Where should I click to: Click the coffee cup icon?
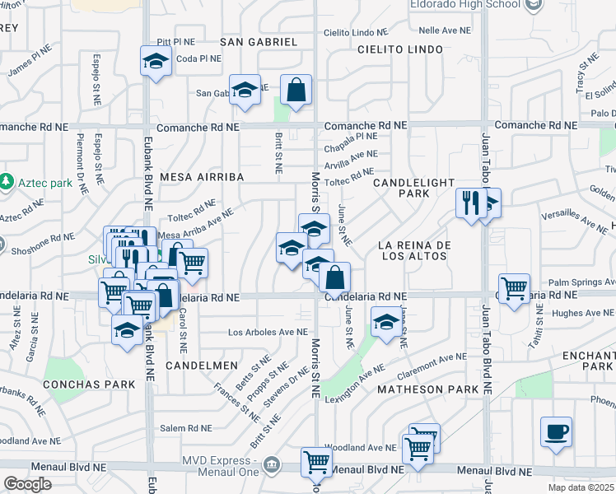[x=556, y=431]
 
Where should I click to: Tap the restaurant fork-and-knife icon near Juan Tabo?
[x=469, y=202]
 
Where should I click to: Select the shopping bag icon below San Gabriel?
[x=295, y=91]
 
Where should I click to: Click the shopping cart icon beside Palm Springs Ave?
[x=514, y=288]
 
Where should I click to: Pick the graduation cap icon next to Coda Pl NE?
[x=155, y=61]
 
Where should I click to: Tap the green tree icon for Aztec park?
[x=7, y=179]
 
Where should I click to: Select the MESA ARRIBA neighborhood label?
[x=194, y=176]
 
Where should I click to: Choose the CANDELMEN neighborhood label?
[x=202, y=364]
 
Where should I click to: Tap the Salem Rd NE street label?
[x=187, y=427]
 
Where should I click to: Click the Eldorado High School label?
[x=465, y=4]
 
